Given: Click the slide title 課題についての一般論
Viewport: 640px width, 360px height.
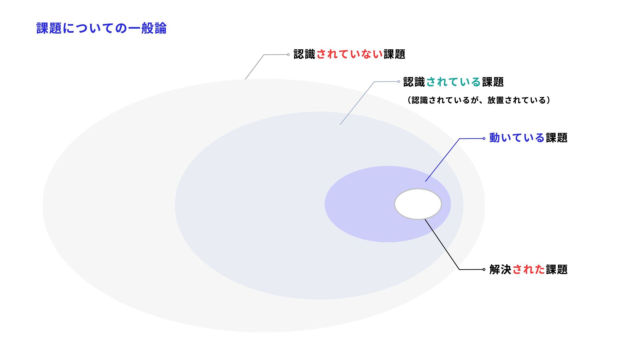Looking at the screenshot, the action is click(101, 28).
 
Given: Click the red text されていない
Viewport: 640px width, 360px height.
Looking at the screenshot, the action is click(349, 54).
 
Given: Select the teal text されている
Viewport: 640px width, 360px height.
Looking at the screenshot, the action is click(453, 82).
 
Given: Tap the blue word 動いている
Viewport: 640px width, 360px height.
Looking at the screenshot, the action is click(517, 138).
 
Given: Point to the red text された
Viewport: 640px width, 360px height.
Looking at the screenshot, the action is click(528, 269).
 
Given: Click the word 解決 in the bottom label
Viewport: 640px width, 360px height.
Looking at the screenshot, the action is click(500, 269).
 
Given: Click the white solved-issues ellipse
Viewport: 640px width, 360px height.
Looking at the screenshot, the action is click(418, 204).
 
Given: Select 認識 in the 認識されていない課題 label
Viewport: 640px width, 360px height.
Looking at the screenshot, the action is click(304, 54).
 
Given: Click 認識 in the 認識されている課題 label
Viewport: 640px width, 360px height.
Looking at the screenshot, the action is click(414, 82).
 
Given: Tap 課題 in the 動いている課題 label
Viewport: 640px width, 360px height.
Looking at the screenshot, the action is click(557, 138).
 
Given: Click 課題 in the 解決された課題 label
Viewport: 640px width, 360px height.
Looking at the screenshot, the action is click(557, 269).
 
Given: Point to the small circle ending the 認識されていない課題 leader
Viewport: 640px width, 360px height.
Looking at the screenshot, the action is click(288, 55).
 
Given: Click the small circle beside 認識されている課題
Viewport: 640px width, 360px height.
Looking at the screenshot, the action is click(399, 82).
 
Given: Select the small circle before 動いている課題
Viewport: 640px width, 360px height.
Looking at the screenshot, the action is click(484, 139).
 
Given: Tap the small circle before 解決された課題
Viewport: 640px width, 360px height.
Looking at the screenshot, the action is click(484, 269).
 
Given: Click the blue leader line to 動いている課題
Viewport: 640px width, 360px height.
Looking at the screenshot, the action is click(442, 160).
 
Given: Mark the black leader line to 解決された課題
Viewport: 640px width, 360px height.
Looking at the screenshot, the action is click(442, 245).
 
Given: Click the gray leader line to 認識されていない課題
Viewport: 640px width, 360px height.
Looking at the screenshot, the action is click(255, 67).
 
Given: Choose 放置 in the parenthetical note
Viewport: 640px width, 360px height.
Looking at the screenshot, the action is click(496, 100).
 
